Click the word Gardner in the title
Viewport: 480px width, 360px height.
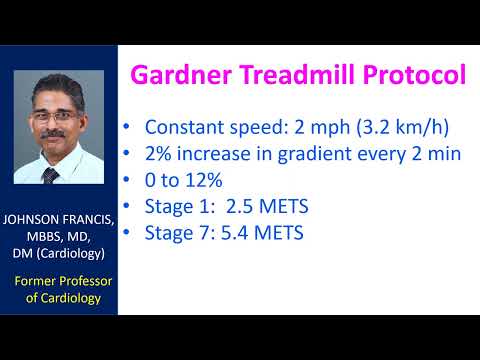[x=183, y=76]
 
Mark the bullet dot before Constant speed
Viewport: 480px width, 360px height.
[x=127, y=129]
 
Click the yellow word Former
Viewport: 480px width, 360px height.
[x=36, y=281]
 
